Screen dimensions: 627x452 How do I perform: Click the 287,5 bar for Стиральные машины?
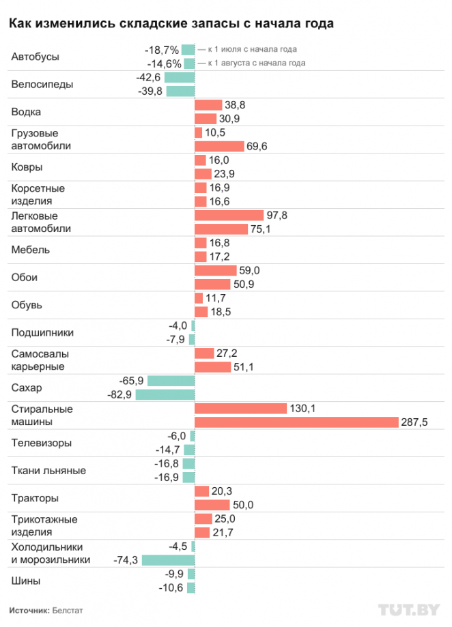tap(296, 422)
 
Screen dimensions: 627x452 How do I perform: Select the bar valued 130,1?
tap(240, 409)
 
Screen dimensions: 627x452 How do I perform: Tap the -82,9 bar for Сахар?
tap(165, 394)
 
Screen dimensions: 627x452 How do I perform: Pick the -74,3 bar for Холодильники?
tap(168, 560)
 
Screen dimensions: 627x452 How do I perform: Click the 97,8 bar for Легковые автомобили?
tap(229, 215)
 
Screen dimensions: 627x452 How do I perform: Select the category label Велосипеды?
tap(42, 85)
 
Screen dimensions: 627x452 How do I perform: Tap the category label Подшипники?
tap(42, 333)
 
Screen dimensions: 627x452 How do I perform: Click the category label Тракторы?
tap(35, 498)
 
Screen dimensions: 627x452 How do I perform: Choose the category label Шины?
tap(26, 581)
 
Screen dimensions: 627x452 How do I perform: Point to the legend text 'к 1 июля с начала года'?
tap(252, 50)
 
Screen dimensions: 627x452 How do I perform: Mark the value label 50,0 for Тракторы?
tap(243, 505)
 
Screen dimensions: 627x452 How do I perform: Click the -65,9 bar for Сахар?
tap(171, 381)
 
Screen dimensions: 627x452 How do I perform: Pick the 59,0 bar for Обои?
tap(216, 270)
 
